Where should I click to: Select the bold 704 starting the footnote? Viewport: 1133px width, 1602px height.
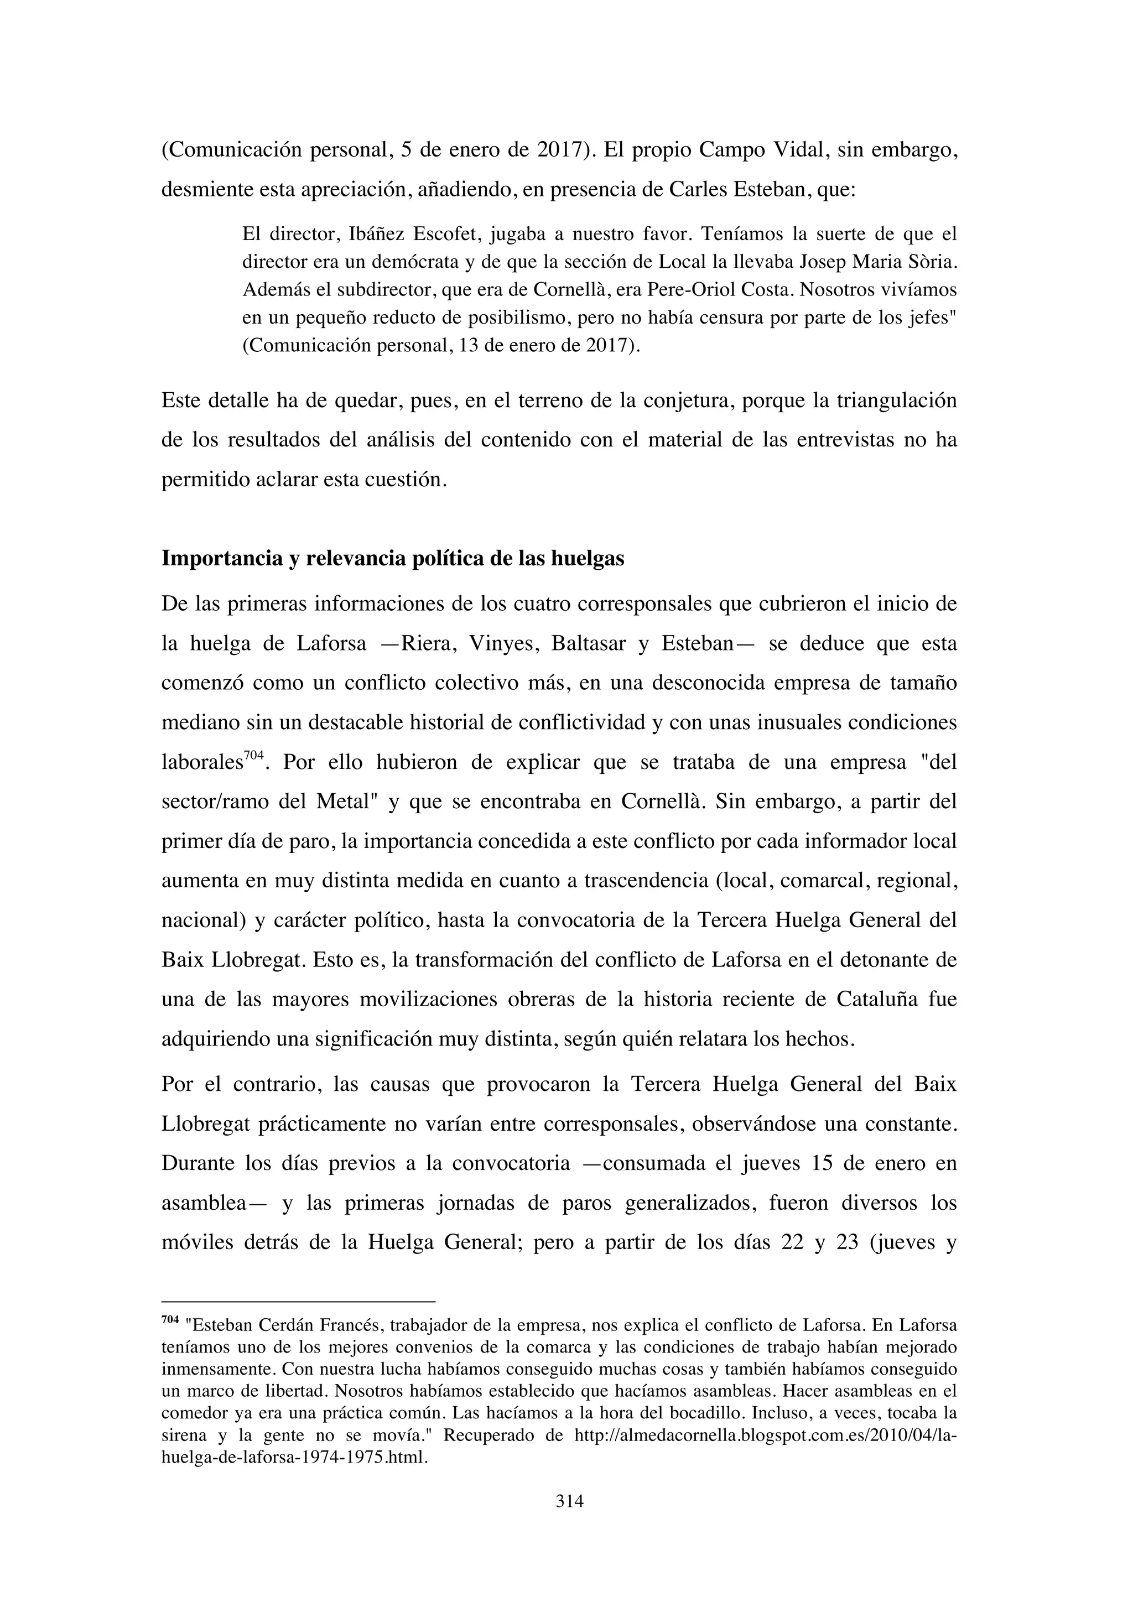170,1319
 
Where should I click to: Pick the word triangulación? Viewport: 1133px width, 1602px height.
896,400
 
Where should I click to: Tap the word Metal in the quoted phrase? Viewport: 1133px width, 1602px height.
343,801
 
